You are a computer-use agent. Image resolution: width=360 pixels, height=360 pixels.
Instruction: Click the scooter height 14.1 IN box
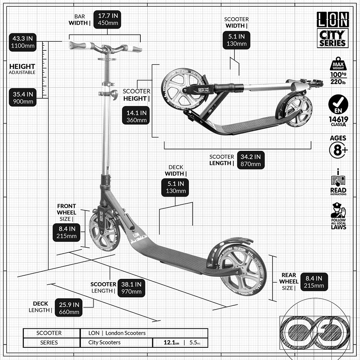pyautogui.click(x=136, y=116)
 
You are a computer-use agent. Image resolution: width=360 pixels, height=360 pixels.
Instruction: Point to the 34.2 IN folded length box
pyautogui.click(x=251, y=160)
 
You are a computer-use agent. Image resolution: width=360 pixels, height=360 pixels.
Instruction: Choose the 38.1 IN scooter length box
pyautogui.click(x=131, y=288)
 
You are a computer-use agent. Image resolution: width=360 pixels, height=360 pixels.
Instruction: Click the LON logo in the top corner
pyautogui.click(x=333, y=19)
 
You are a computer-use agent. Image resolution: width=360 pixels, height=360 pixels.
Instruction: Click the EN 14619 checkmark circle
pyautogui.click(x=338, y=105)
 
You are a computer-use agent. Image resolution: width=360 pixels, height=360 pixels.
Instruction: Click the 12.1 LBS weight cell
pyautogui.click(x=166, y=342)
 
